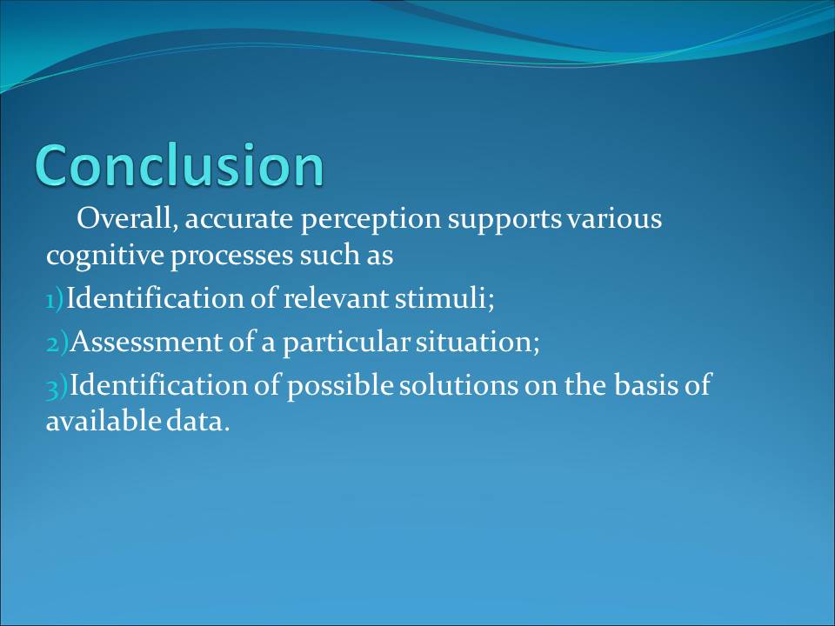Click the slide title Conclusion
pos(179,165)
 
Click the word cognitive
pos(105,256)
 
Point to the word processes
pos(231,256)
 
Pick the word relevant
pos(335,298)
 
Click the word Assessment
pos(146,342)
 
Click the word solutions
pos(458,385)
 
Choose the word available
pos(104,421)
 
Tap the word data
pos(197,421)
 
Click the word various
pos(615,219)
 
